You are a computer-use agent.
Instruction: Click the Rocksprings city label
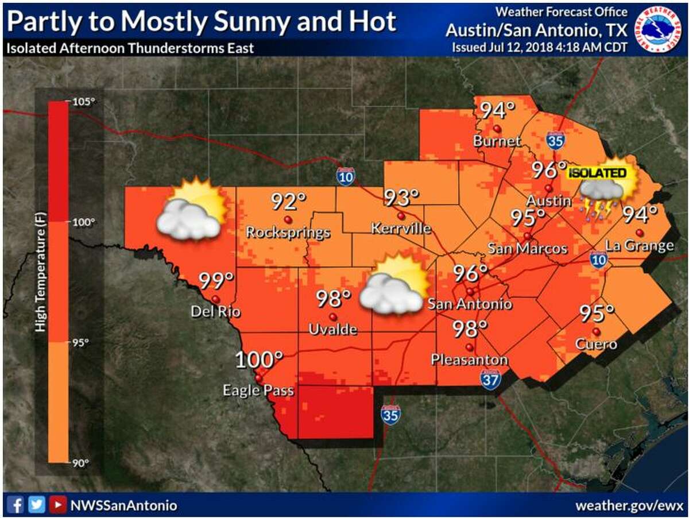tap(288, 233)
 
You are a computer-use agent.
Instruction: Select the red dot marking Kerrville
tap(401, 217)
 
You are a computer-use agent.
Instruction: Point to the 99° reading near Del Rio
tap(216, 281)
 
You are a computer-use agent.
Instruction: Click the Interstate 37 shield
tap(490, 379)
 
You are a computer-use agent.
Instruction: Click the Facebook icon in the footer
tap(17, 505)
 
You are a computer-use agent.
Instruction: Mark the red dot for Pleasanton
tap(469, 347)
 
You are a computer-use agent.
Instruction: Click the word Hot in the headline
tap(373, 22)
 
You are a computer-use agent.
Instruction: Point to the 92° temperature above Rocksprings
tap(289, 202)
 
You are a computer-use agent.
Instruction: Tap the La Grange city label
tap(639, 246)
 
